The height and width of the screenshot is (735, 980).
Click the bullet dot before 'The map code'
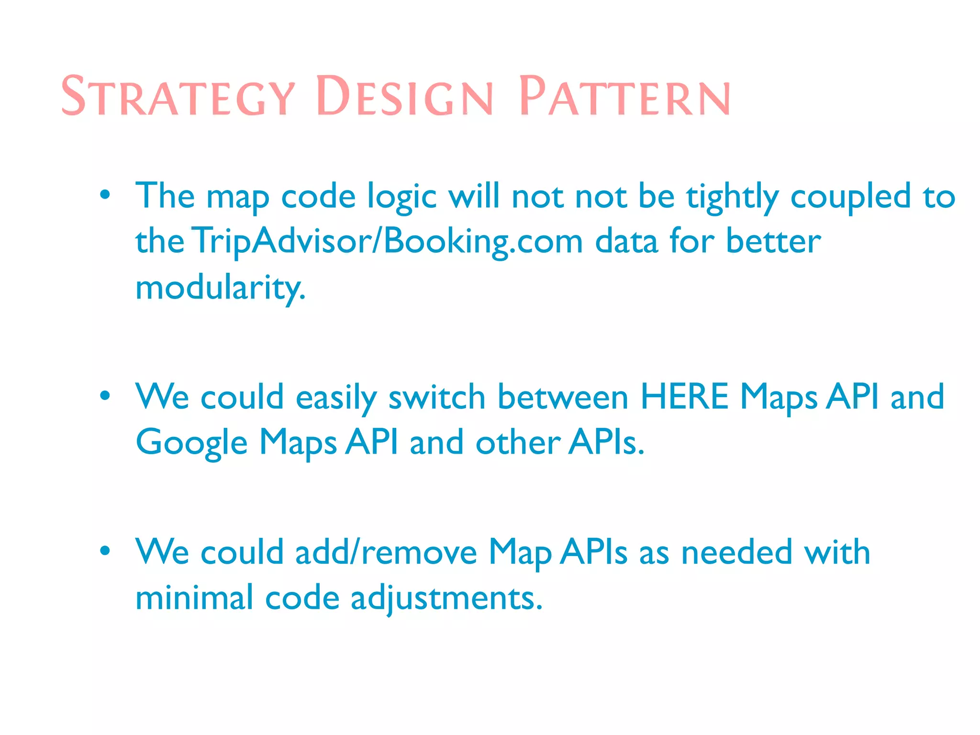(105, 195)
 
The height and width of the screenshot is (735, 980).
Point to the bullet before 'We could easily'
(105, 396)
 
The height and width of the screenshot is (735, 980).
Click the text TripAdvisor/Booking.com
(388, 241)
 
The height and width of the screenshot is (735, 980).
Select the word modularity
(220, 287)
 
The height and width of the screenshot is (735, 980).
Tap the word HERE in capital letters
(684, 396)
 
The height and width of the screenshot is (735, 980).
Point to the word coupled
(850, 196)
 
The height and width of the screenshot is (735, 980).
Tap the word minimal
(194, 597)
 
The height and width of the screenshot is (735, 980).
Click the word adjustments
(446, 598)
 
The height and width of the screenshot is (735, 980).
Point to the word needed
(736, 552)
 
